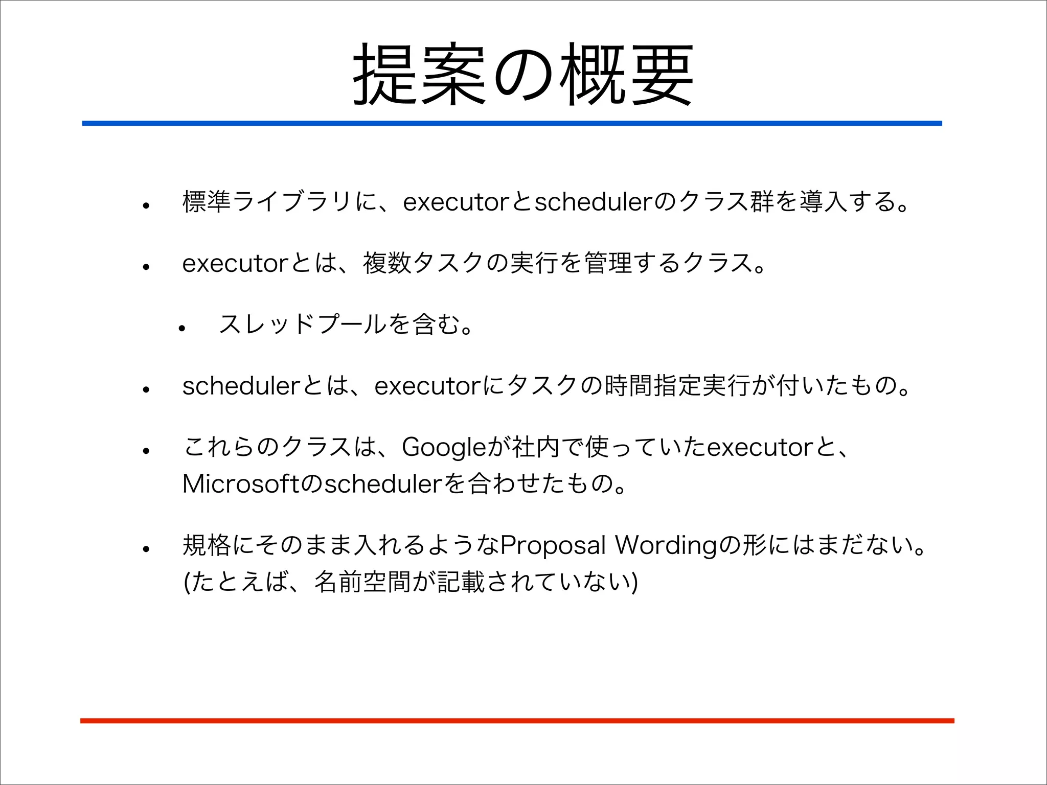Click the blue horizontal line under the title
click(x=511, y=123)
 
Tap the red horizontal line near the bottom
click(x=516, y=721)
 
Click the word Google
click(x=444, y=448)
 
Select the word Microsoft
click(x=241, y=483)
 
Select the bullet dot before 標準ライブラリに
click(x=146, y=206)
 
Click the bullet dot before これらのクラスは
click(x=146, y=451)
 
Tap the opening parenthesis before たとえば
click(x=187, y=583)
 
